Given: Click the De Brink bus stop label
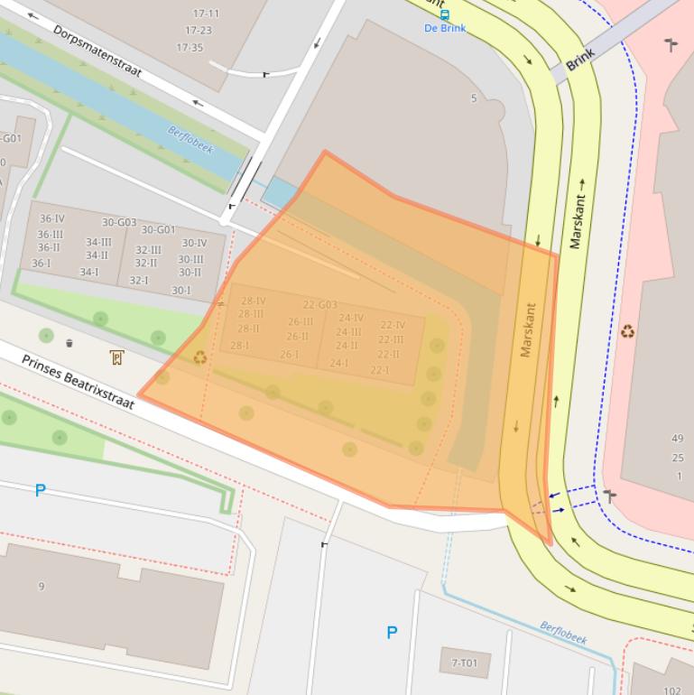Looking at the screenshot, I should click(x=445, y=28).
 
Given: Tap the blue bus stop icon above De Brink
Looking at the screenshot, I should click(x=444, y=14).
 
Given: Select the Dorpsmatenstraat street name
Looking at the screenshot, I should click(x=97, y=51).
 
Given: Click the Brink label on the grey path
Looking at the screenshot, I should click(x=582, y=60).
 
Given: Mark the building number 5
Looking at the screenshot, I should click(x=473, y=98).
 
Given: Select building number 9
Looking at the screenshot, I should click(x=41, y=587).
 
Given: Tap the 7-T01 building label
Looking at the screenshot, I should click(x=464, y=663).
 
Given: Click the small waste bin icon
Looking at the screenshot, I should click(x=69, y=343).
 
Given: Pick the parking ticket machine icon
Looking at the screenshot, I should click(x=116, y=357).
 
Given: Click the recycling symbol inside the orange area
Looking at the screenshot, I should click(x=200, y=357).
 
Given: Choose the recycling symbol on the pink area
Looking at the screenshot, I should click(x=626, y=331).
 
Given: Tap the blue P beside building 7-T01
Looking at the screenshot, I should click(x=392, y=633).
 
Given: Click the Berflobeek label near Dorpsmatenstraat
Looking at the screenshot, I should click(x=190, y=140).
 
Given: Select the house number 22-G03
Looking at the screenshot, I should click(x=319, y=305).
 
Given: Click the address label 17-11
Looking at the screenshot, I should click(x=206, y=14).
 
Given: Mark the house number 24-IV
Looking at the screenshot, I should click(x=351, y=318).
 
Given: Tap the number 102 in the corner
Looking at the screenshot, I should click(x=672, y=690).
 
